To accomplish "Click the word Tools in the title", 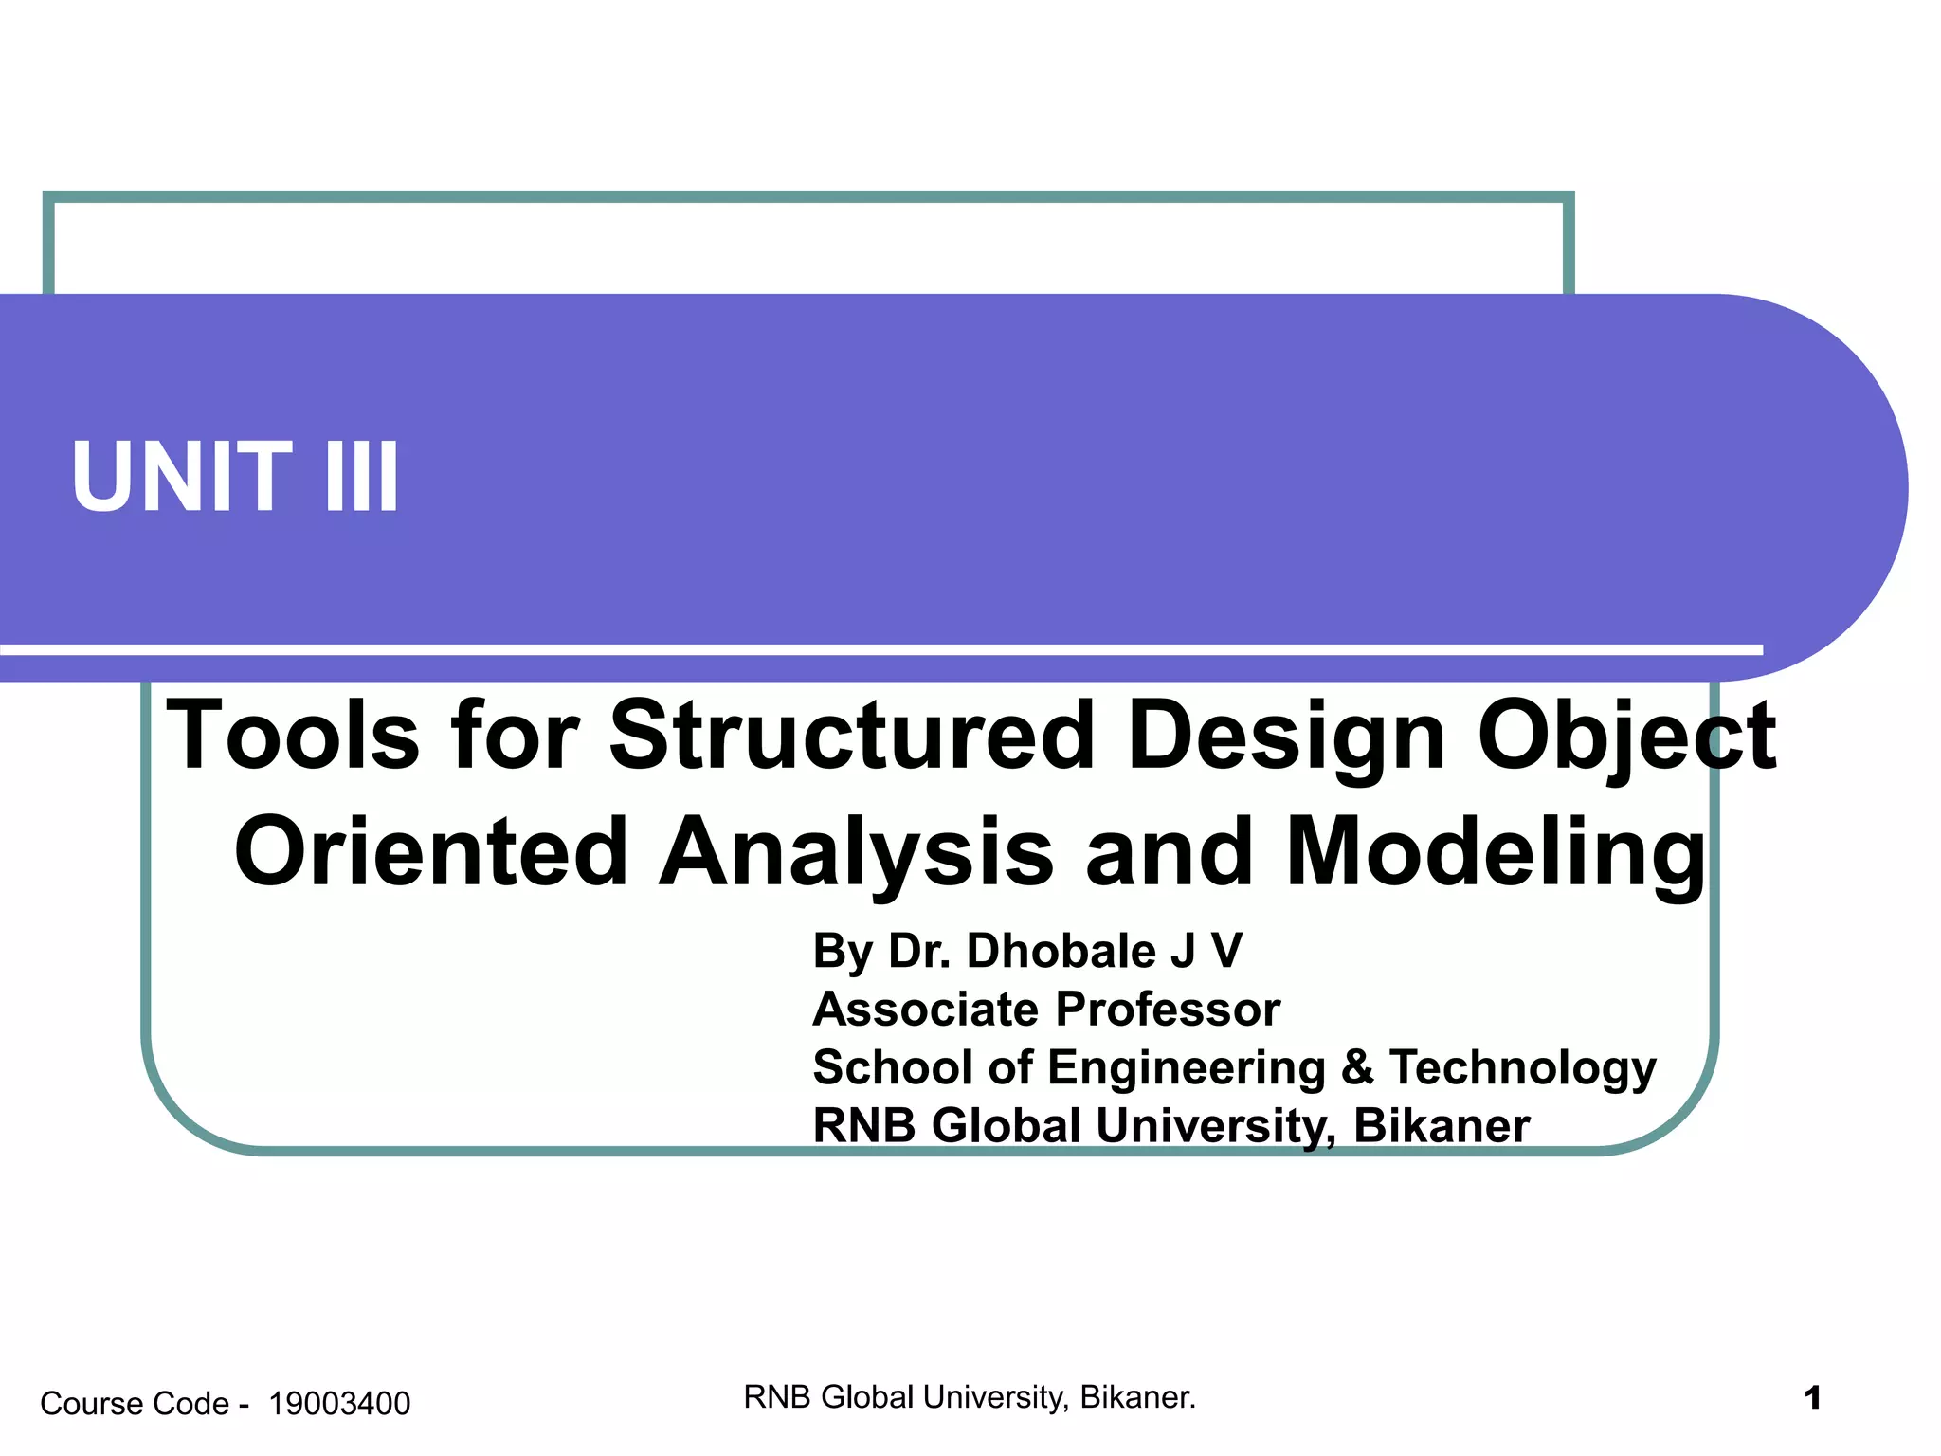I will [293, 736].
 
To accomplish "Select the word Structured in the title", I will [852, 736].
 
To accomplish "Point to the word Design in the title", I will [1286, 736].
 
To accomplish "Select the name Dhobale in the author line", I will [1061, 951].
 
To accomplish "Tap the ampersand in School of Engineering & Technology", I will [1357, 1067].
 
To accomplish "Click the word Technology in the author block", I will [1523, 1069].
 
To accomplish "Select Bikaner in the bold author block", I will [1442, 1126].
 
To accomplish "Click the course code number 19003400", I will [339, 1404].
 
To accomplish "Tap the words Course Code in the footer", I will [135, 1404].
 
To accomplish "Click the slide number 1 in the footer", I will [1812, 1398].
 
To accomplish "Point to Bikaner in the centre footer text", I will [1137, 1397].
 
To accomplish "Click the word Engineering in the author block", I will [1188, 1069].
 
